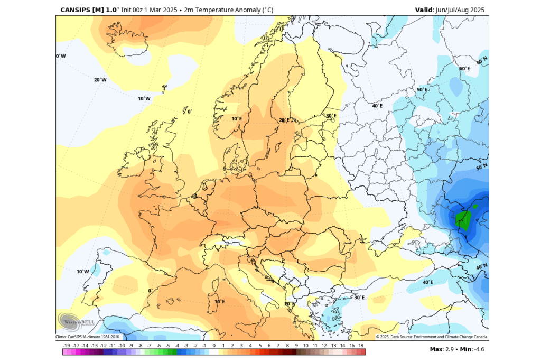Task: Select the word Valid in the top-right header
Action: pos(424,10)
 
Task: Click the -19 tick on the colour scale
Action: pos(67,345)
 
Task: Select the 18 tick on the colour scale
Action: pos(361,345)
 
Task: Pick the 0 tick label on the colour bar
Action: pos(214,345)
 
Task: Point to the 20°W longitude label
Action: pos(100,80)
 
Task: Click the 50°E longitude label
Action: pos(422,90)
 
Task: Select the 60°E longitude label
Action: pos(464,69)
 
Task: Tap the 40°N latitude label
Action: pos(481,267)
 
